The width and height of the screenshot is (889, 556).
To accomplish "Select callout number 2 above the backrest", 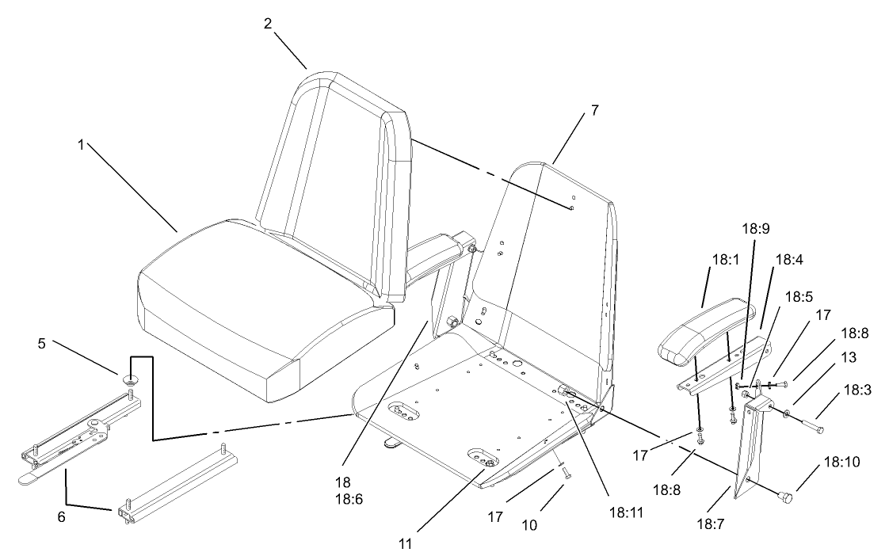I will point(268,23).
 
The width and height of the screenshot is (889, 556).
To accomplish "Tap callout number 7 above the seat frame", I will point(594,111).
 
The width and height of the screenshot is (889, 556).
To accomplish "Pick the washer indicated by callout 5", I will point(130,379).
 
